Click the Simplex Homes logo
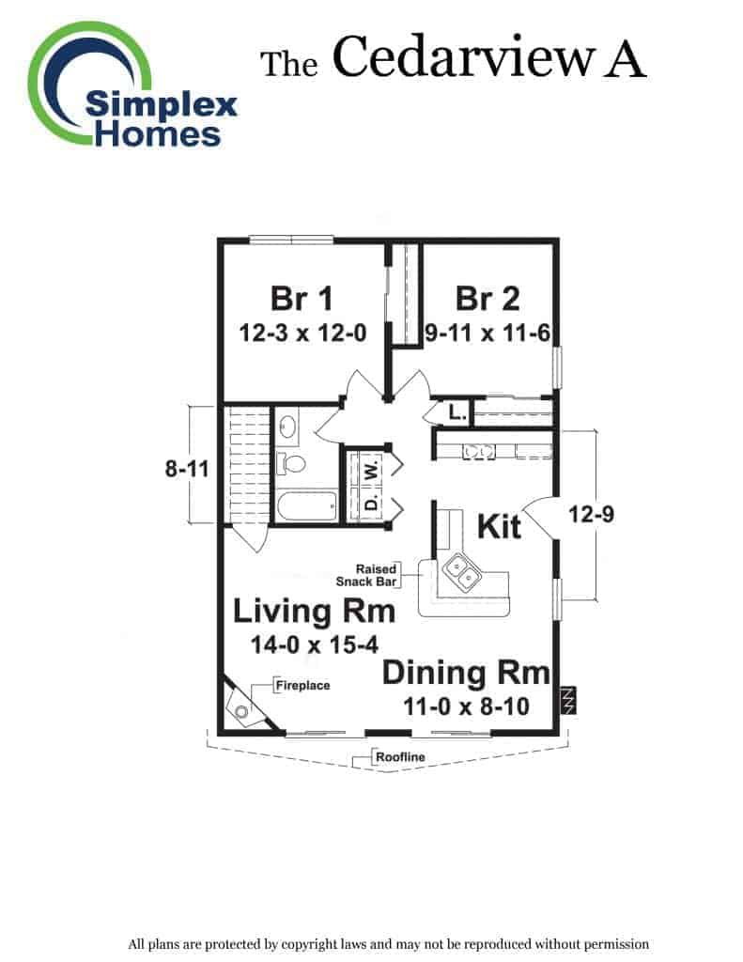132,85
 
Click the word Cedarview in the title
463,57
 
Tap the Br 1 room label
302,299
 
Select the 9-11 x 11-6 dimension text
488,334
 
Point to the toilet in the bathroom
290,463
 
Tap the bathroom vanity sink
287,427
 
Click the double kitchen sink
461,571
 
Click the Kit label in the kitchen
499,526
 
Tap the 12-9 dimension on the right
591,514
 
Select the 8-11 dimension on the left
187,470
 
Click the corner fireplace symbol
244,705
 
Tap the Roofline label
400,757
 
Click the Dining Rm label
466,673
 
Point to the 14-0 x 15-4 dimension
314,644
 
